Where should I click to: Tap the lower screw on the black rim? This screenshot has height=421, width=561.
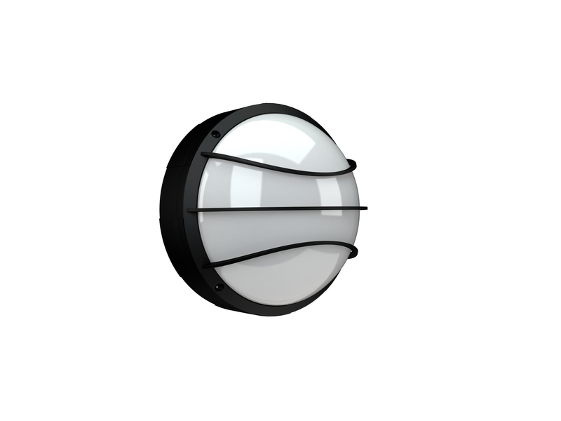tap(218, 287)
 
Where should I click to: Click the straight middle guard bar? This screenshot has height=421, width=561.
tap(280, 208)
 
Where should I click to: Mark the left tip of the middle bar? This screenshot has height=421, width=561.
tap(191, 209)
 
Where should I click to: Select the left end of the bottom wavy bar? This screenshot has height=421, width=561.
tap(206, 265)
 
